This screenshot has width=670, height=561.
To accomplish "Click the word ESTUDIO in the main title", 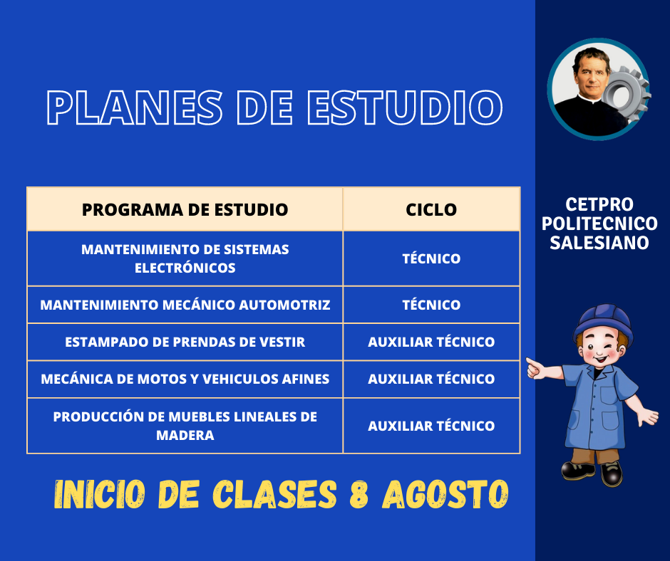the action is tap(405, 108).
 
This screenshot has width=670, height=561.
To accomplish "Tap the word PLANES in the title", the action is tap(135, 108).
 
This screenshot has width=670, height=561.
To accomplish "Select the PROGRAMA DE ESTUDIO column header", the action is tap(185, 209).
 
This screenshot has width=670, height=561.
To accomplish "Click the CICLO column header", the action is tap(431, 209).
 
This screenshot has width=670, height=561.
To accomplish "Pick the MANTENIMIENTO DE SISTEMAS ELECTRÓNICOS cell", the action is tap(185, 258).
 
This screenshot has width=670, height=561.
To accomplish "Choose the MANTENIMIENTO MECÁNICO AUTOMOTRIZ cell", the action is tap(185, 305).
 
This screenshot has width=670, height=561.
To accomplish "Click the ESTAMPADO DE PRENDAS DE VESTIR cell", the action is tap(185, 342).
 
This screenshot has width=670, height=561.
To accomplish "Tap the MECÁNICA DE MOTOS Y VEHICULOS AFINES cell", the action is tap(185, 379).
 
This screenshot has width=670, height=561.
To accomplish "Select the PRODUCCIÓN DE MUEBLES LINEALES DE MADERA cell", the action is tap(185, 426).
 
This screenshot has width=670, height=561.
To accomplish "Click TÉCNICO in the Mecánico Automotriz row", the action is tap(431, 305).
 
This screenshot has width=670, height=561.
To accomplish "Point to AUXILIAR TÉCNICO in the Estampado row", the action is tap(431, 342).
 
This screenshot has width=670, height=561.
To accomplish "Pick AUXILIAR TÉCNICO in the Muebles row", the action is tap(431, 426).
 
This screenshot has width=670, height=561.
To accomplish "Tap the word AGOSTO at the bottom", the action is tap(445, 494).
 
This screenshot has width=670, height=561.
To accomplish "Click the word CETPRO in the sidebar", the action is tap(599, 204).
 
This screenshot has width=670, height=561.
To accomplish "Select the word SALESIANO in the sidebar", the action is tap(599, 243).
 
